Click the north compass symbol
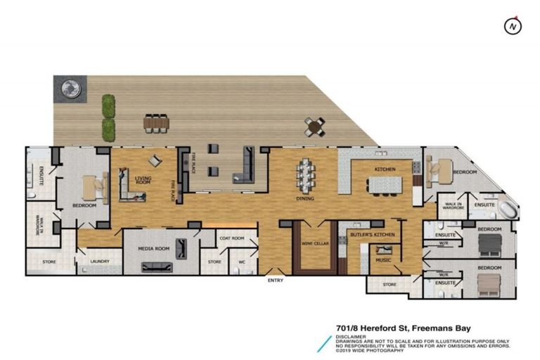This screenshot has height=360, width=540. pyautogui.click(x=514, y=26)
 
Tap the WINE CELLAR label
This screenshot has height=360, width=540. pyautogui.click(x=313, y=243)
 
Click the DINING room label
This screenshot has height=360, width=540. pyautogui.click(x=305, y=199)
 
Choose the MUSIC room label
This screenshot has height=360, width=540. pyautogui.click(x=383, y=259)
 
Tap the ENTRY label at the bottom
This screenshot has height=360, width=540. pyautogui.click(x=276, y=281)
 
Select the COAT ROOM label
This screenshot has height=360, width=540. pyautogui.click(x=232, y=238)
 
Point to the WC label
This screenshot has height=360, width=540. pyautogui.click(x=241, y=263)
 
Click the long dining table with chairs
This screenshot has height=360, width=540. pyautogui.click(x=307, y=174)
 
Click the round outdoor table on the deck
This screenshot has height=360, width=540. pyautogui.click(x=314, y=125)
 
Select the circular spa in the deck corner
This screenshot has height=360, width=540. pyautogui.click(x=70, y=89)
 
